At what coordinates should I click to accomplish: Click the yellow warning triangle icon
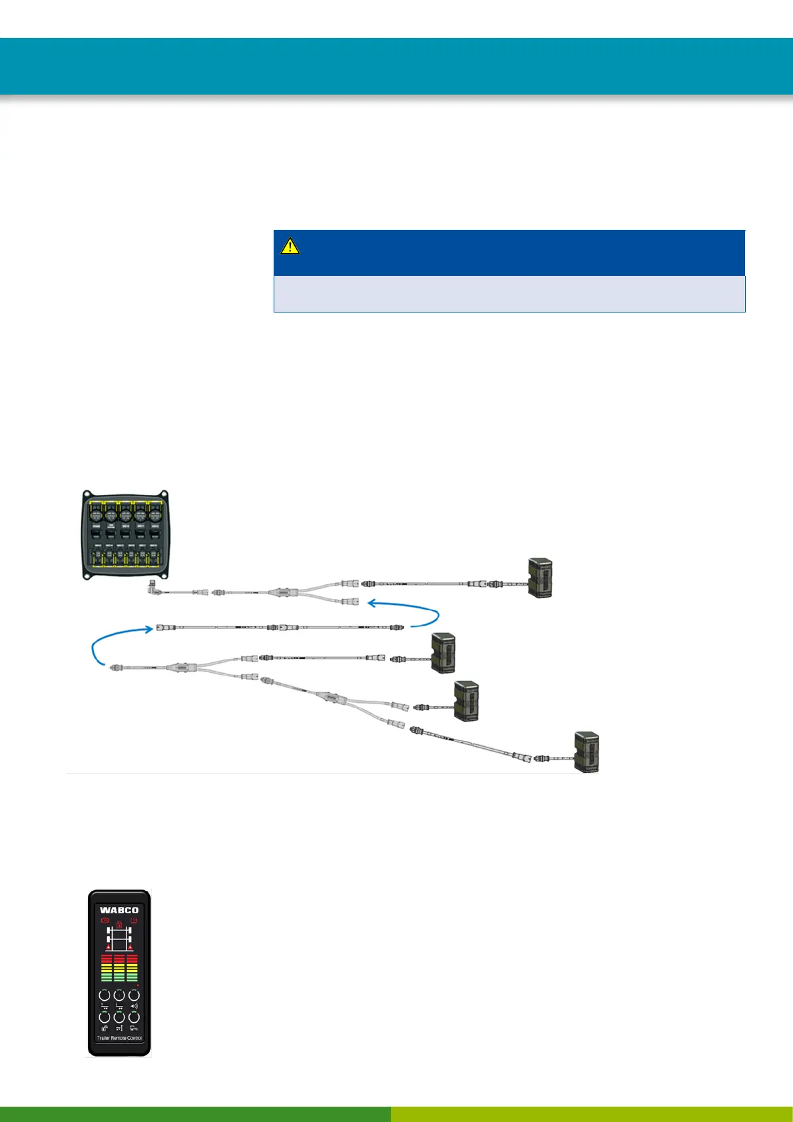[x=290, y=247]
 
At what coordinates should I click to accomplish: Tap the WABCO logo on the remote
[x=119, y=910]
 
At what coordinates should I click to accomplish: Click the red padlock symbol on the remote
[x=119, y=924]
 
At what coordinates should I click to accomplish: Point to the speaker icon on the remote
[x=134, y=1006]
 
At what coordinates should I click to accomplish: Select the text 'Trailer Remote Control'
[x=119, y=1038]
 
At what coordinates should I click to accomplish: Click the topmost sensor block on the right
[x=540, y=578]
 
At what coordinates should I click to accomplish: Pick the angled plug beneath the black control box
[x=153, y=589]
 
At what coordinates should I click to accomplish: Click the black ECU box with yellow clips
[x=125, y=535]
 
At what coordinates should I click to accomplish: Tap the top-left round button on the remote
[x=105, y=995]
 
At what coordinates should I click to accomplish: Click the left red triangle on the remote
[x=107, y=947]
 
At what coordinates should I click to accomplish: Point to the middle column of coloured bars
[x=119, y=967]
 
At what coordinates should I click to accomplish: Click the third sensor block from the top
[x=466, y=700]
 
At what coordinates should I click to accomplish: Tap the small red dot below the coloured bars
[x=138, y=985]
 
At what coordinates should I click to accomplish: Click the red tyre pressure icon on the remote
[x=134, y=921]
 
